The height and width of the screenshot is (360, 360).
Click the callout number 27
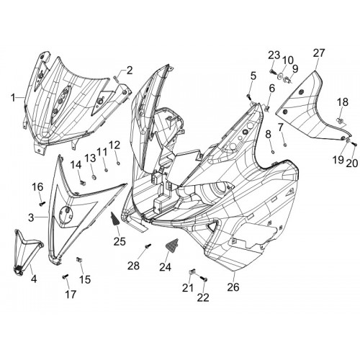(319, 53)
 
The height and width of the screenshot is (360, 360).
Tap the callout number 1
(12, 98)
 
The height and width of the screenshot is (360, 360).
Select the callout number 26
(233, 287)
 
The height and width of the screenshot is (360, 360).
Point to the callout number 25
(120, 241)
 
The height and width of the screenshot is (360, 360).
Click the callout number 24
(166, 266)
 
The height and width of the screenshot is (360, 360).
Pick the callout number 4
(34, 279)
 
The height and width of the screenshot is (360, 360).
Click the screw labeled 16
(42, 204)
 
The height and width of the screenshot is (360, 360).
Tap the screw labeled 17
(65, 276)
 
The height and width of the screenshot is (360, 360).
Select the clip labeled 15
(78, 259)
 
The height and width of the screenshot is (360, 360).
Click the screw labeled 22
(204, 279)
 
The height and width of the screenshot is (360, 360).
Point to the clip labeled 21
(191, 272)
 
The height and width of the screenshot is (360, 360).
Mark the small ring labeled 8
(273, 152)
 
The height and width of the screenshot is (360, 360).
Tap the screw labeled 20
(355, 144)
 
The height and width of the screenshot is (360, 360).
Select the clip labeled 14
(83, 183)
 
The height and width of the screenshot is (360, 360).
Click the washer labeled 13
(94, 177)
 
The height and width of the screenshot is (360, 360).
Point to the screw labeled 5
(248, 96)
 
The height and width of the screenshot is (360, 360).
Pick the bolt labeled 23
(273, 71)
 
